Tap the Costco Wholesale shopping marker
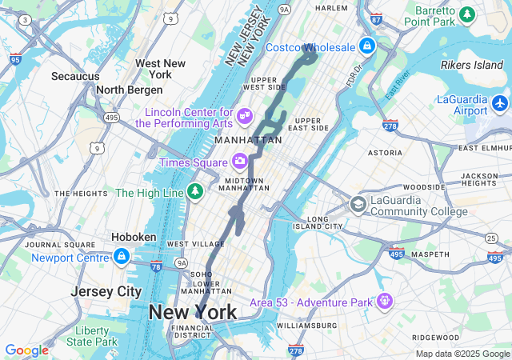367,46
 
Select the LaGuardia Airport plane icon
500,103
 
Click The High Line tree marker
194,192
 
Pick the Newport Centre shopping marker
122,257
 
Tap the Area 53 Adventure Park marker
386,302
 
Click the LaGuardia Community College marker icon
358,205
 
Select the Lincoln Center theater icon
245,118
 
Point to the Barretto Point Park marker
467,14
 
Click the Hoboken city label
133,237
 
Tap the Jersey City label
106,291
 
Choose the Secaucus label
75,76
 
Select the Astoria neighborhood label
385,152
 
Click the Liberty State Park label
91,336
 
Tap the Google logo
26,350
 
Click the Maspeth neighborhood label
430,254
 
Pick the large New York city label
192,312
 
